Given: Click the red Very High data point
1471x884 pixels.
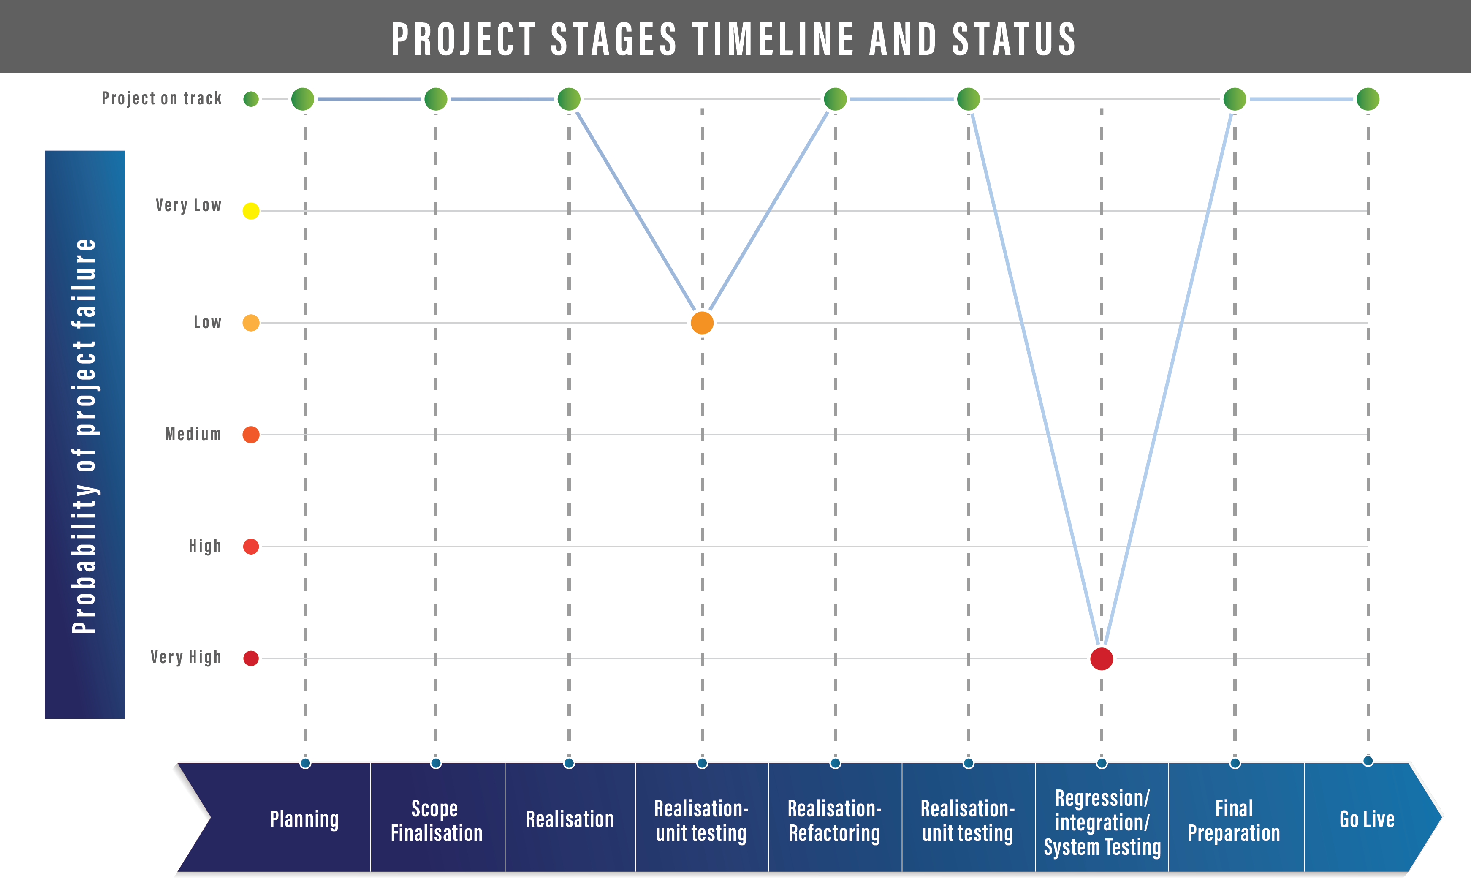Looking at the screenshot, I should (x=1101, y=659).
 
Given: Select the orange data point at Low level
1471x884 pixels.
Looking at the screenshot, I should (x=702, y=323).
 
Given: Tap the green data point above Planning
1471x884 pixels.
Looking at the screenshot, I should (x=302, y=99).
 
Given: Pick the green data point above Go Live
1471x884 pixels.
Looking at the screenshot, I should (x=1368, y=99).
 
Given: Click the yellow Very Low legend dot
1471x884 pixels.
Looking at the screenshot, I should (x=251, y=211).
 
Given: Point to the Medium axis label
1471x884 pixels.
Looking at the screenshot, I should (x=193, y=434).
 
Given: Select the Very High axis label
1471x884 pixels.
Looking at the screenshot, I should (x=186, y=657).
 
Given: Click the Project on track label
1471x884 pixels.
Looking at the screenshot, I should (x=161, y=98).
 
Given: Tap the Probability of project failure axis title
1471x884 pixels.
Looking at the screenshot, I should (x=84, y=435).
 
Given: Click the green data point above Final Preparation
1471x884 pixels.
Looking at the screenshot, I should (x=1235, y=99).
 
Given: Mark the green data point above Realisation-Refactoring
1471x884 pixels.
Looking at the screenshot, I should (x=835, y=99).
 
